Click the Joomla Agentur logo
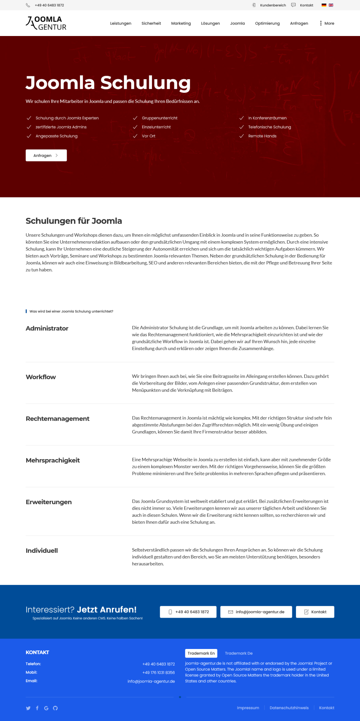click(46, 23)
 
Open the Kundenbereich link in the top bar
click(273, 5)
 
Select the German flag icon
click(324, 5)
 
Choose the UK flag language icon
click(331, 5)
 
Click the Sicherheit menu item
click(151, 23)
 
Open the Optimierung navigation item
click(267, 23)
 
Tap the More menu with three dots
click(327, 23)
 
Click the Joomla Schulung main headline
click(108, 83)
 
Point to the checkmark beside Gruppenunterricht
click(135, 118)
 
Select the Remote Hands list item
click(262, 136)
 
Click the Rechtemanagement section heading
click(58, 419)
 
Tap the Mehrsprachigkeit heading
click(53, 461)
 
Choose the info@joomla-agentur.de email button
click(256, 612)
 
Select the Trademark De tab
click(239, 653)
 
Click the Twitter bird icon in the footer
click(28, 708)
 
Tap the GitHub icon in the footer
click(55, 708)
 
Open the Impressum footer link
click(248, 708)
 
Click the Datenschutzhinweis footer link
click(289, 708)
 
